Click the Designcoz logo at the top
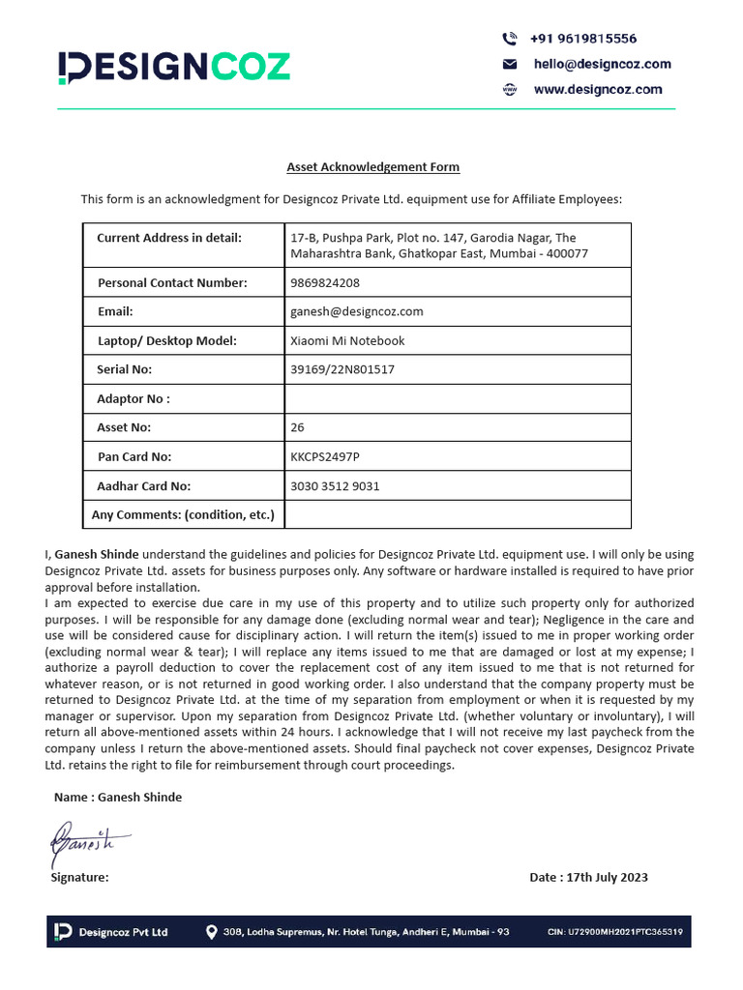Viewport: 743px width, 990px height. click(x=173, y=67)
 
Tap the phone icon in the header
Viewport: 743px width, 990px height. click(x=510, y=39)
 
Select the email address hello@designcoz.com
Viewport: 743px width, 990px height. click(x=602, y=64)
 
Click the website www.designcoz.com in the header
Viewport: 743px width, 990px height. click(x=598, y=89)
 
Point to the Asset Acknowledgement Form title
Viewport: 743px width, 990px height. click(x=372, y=167)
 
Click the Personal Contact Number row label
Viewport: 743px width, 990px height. click(x=172, y=282)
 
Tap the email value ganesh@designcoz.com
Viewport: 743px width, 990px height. click(x=356, y=311)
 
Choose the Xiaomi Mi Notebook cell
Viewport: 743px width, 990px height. click(x=347, y=340)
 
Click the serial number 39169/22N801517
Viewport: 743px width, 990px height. click(x=342, y=369)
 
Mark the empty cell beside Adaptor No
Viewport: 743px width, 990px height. click(x=456, y=398)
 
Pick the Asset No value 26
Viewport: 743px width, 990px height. click(x=297, y=427)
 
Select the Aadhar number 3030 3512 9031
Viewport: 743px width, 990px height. click(x=335, y=486)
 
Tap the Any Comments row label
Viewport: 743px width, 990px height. click(x=183, y=514)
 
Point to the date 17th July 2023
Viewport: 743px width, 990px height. click(x=588, y=877)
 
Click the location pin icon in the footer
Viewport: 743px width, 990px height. click(x=211, y=932)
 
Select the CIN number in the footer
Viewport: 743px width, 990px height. click(x=614, y=932)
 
